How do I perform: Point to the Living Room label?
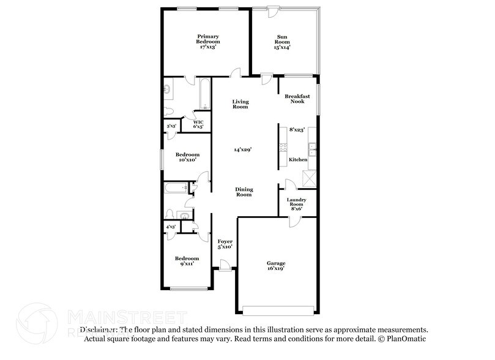pos(240,103)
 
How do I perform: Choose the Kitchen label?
pos(298,160)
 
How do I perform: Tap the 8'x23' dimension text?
pos(297,129)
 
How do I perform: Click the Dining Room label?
pos(244,192)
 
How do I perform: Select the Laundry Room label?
pos(297,204)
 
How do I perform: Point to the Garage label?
pos(275,265)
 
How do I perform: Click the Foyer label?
pos(225,245)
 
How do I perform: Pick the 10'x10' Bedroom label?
pos(187,157)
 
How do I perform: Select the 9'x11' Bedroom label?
pos(187,261)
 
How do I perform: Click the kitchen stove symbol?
pos(283,148)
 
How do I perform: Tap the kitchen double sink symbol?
pos(312,147)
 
